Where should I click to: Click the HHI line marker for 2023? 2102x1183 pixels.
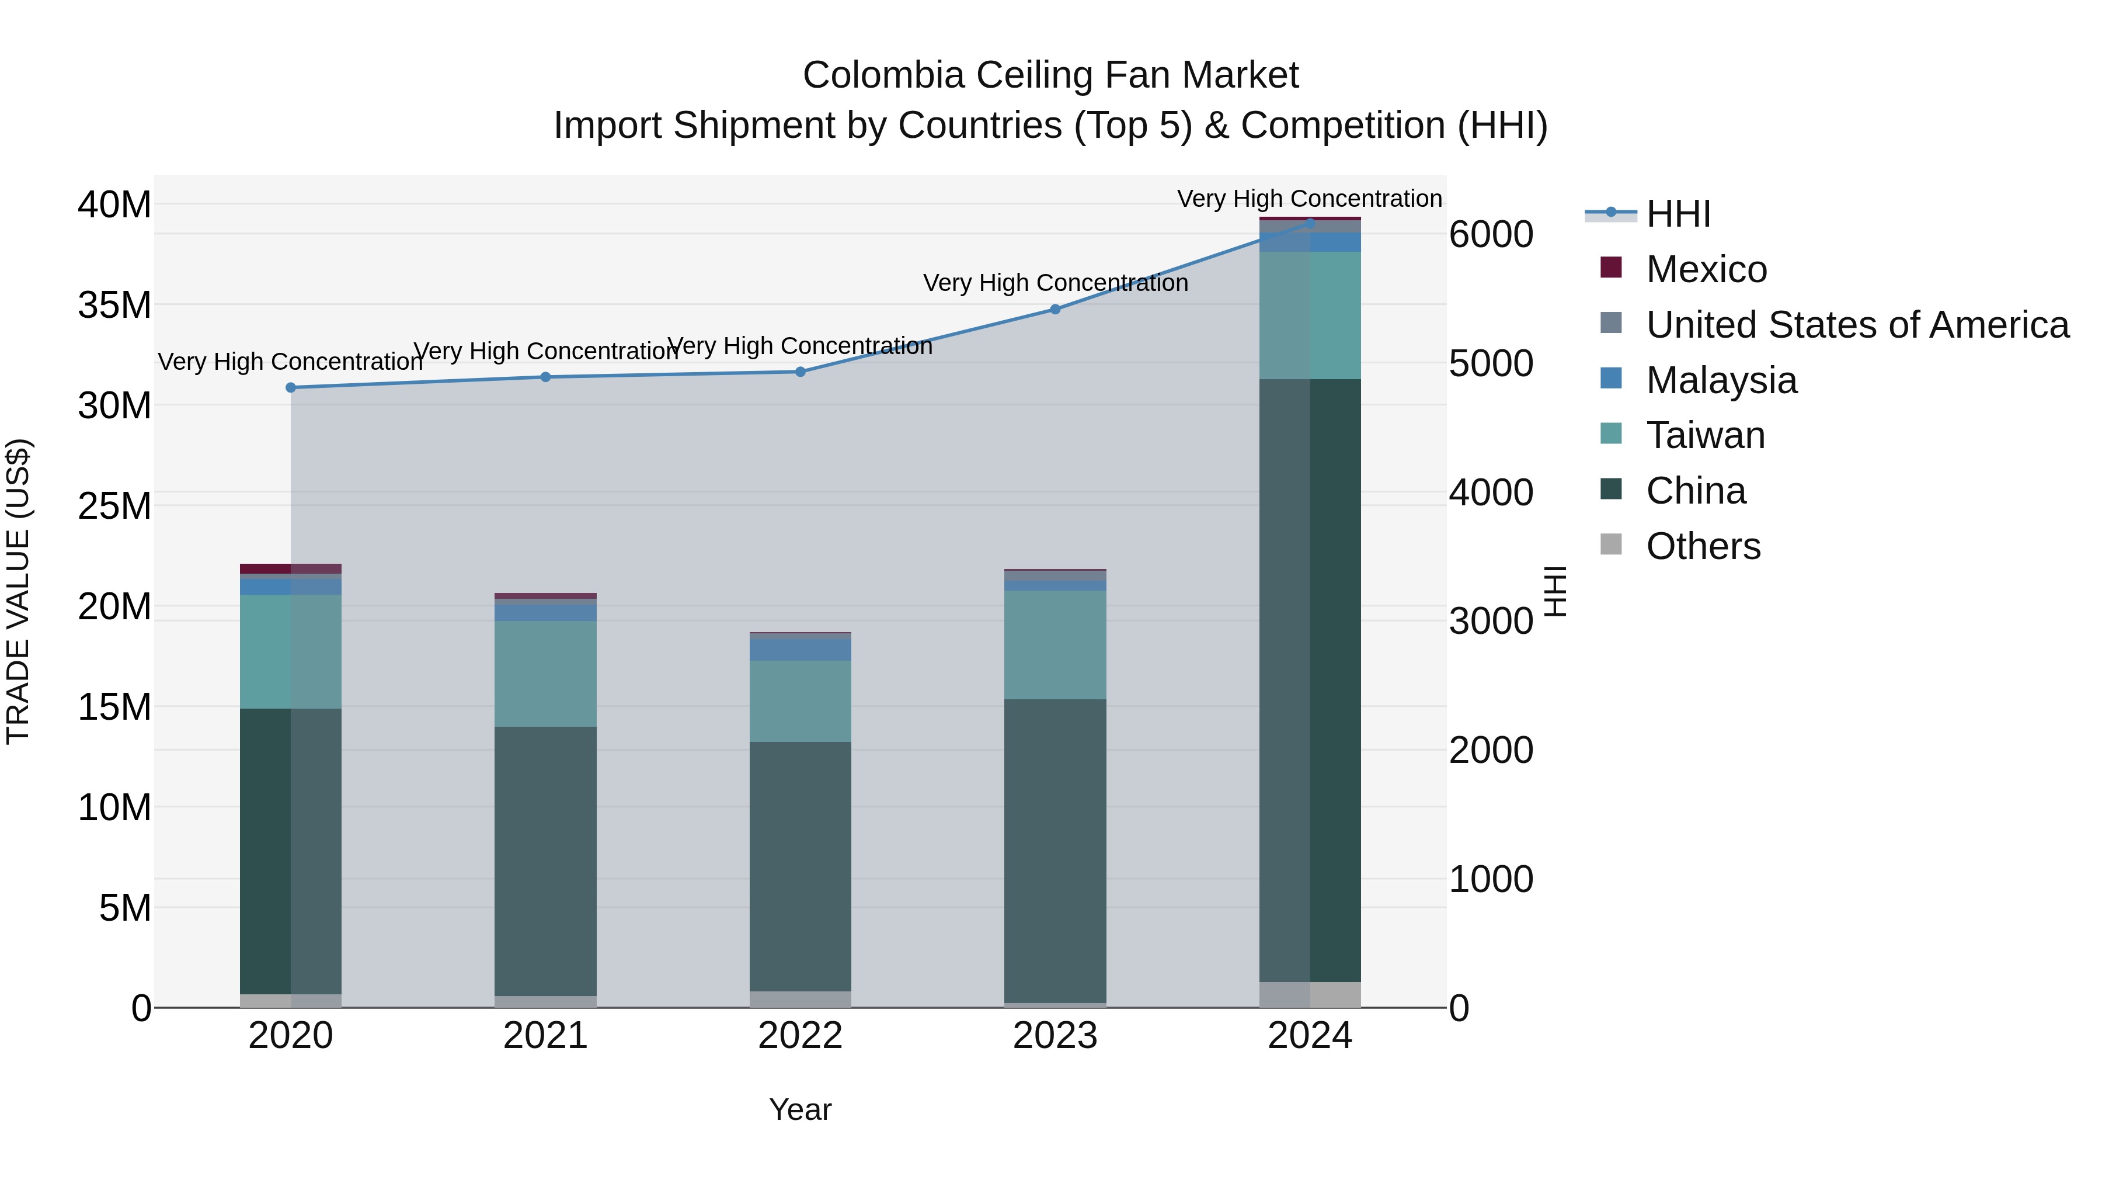coord(1055,310)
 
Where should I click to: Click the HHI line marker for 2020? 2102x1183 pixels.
coord(291,388)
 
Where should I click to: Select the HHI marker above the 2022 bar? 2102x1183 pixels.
coord(801,372)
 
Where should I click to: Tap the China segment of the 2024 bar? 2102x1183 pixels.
coord(1310,680)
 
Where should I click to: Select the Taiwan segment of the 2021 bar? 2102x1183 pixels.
coord(545,674)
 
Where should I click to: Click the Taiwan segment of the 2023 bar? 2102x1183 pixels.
coord(1055,644)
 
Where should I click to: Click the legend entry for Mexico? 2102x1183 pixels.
coord(1706,269)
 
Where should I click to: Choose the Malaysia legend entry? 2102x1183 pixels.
coord(1721,380)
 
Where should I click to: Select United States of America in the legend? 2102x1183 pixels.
coord(1856,325)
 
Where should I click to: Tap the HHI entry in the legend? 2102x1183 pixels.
coord(1678,214)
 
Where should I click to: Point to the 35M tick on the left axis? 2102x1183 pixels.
coord(114,306)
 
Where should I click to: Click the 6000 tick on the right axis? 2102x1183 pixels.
coord(1491,234)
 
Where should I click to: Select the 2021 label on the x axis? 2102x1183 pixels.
coord(545,1036)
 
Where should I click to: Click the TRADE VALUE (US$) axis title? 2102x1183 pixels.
coord(18,591)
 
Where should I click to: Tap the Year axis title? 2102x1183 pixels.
coord(800,1109)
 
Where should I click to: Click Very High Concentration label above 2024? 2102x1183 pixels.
coord(1309,199)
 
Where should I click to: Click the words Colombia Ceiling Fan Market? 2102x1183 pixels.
coord(1050,75)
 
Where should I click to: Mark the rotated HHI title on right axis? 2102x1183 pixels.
coord(1556,591)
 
